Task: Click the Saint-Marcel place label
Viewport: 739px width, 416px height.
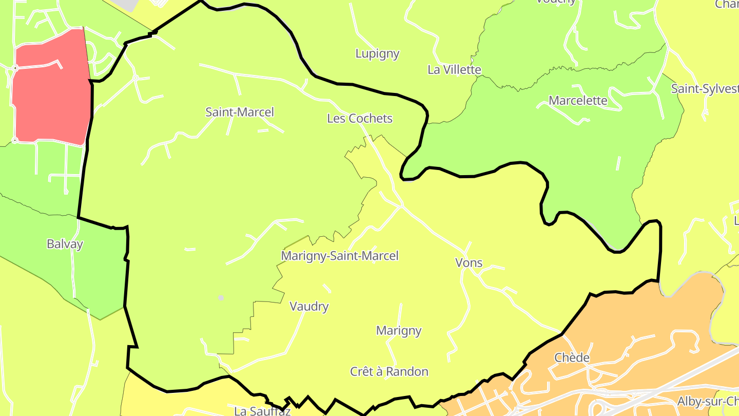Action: click(240, 112)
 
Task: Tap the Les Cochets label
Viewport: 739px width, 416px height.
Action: click(360, 119)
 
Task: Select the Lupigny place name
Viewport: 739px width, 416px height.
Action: click(377, 54)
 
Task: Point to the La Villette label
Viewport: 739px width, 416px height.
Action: click(454, 70)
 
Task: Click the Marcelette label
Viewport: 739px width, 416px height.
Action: click(578, 101)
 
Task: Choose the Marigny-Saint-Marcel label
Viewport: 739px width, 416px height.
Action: click(340, 256)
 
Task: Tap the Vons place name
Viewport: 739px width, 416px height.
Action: click(469, 263)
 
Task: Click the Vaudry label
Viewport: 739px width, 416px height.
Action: click(309, 307)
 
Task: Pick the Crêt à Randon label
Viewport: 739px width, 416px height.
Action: click(389, 371)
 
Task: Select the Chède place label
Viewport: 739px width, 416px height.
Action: click(572, 357)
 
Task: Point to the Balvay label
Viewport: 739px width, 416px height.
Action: click(65, 244)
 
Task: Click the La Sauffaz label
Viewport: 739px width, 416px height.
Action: click(262, 411)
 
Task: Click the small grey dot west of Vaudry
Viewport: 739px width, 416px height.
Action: click(221, 298)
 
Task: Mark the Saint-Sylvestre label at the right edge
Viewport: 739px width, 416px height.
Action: click(704, 89)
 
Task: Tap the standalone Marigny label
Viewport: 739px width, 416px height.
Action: click(399, 331)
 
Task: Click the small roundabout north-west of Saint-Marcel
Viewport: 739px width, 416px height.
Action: click(135, 78)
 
